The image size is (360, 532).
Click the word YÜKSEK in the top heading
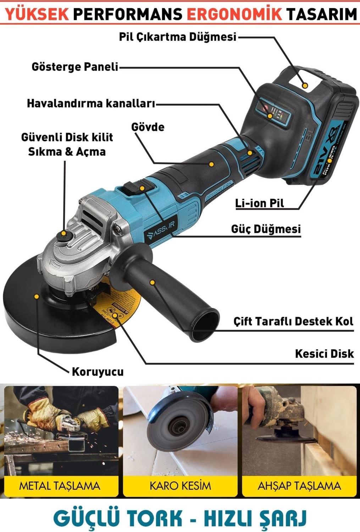point(37,14)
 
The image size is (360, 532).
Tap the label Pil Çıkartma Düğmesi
point(178,37)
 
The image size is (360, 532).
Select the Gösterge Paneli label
point(75,67)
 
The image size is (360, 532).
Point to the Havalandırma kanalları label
point(91,103)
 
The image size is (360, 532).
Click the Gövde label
point(148,127)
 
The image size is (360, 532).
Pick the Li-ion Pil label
point(260,203)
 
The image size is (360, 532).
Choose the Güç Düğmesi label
point(266,229)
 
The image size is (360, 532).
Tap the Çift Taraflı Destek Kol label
point(293,321)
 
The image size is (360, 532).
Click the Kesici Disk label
point(325,354)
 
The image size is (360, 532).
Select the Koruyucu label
point(98,372)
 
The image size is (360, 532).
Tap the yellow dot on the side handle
point(153,282)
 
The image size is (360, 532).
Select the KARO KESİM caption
point(180,486)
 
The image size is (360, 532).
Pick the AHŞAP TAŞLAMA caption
point(299,486)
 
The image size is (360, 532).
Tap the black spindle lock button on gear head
point(63,235)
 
